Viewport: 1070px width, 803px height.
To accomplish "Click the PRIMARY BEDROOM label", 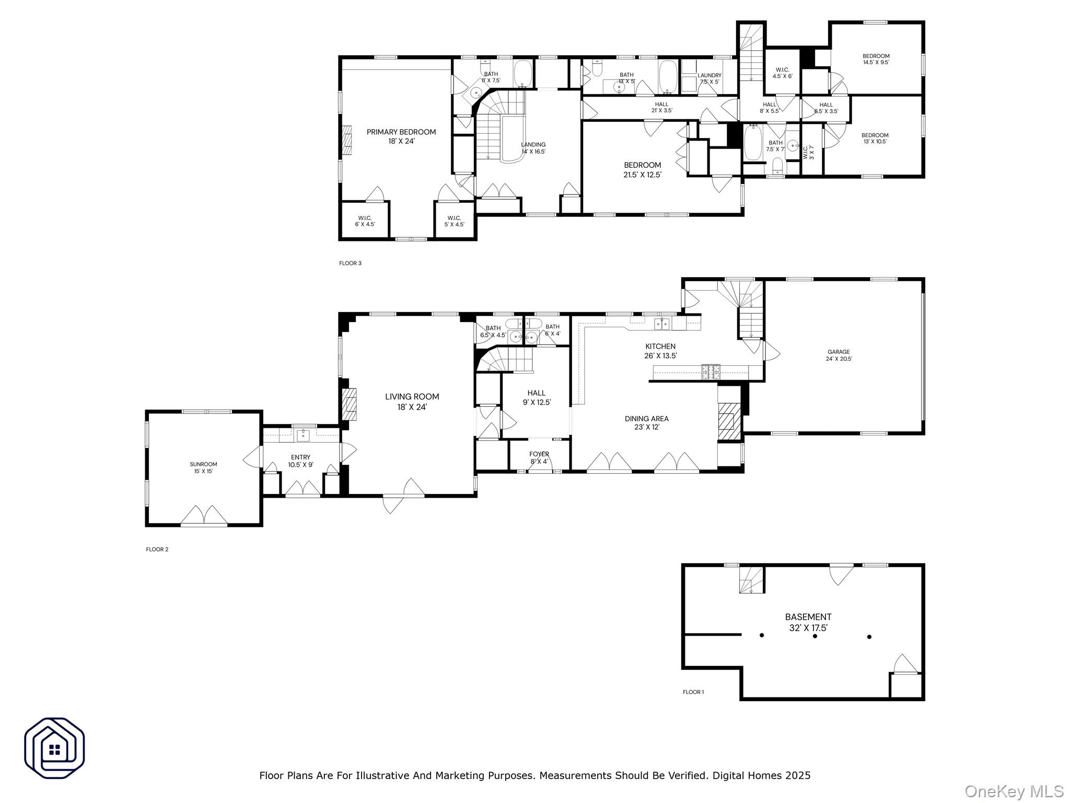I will click(x=401, y=136).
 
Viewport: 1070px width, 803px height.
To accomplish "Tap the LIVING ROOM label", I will click(x=412, y=401).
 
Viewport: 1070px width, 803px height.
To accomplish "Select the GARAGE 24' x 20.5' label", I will click(x=839, y=355).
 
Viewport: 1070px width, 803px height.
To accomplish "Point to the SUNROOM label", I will click(x=203, y=467).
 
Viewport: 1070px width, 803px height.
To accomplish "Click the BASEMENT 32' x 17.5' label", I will click(x=808, y=622).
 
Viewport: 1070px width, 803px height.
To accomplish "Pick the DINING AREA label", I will click(x=646, y=422).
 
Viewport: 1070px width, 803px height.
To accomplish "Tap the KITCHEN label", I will click(x=660, y=351).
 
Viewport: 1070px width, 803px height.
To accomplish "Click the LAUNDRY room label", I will click(x=709, y=78).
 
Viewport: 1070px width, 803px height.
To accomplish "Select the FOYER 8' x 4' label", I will click(x=539, y=457).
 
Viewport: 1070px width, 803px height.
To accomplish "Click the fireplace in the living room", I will click(x=349, y=405).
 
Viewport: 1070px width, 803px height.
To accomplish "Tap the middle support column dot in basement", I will click(x=815, y=636).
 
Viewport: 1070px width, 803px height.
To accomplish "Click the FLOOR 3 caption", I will click(x=350, y=263).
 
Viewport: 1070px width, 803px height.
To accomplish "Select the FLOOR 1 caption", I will click(x=693, y=692).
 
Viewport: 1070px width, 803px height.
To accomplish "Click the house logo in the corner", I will click(x=54, y=748).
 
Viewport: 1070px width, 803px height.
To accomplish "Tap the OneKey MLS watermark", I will click(x=1014, y=791).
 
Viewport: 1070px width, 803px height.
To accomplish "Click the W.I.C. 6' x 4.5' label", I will click(x=365, y=221).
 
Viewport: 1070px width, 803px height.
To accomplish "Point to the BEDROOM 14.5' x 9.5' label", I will click(x=876, y=59).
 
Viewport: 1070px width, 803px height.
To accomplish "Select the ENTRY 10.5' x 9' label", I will click(x=300, y=461).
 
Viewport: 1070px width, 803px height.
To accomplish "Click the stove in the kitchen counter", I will click(x=710, y=372).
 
